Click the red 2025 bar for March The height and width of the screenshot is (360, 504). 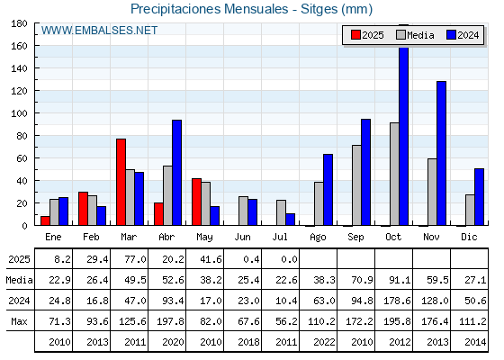click(121, 182)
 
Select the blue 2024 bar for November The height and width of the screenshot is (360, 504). click(441, 153)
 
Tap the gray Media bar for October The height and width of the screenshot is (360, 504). click(394, 174)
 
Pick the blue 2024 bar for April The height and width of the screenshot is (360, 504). click(176, 173)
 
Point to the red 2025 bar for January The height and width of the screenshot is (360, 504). click(45, 220)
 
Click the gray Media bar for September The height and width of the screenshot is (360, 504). click(356, 185)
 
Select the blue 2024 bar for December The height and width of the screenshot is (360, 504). click(479, 197)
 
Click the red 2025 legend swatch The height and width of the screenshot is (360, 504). click(355, 35)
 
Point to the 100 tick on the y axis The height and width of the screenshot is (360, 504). click(36, 113)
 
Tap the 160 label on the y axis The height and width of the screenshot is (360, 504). click(19, 46)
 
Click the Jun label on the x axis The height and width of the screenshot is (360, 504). click(242, 238)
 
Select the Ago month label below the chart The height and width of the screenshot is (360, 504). click(318, 238)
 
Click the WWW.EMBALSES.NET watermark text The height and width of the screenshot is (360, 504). click(99, 31)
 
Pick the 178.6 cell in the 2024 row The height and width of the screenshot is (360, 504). click(397, 301)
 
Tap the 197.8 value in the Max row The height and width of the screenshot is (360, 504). click(171, 321)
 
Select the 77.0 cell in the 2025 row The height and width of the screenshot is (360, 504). click(136, 259)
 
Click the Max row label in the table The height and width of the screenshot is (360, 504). click(19, 321)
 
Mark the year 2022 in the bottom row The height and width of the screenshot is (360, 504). click(325, 342)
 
